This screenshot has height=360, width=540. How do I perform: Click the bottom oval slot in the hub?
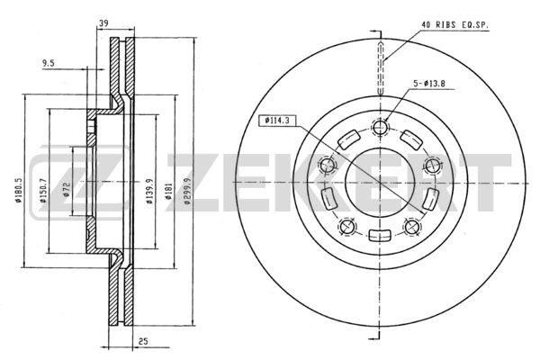coord(381,236)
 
